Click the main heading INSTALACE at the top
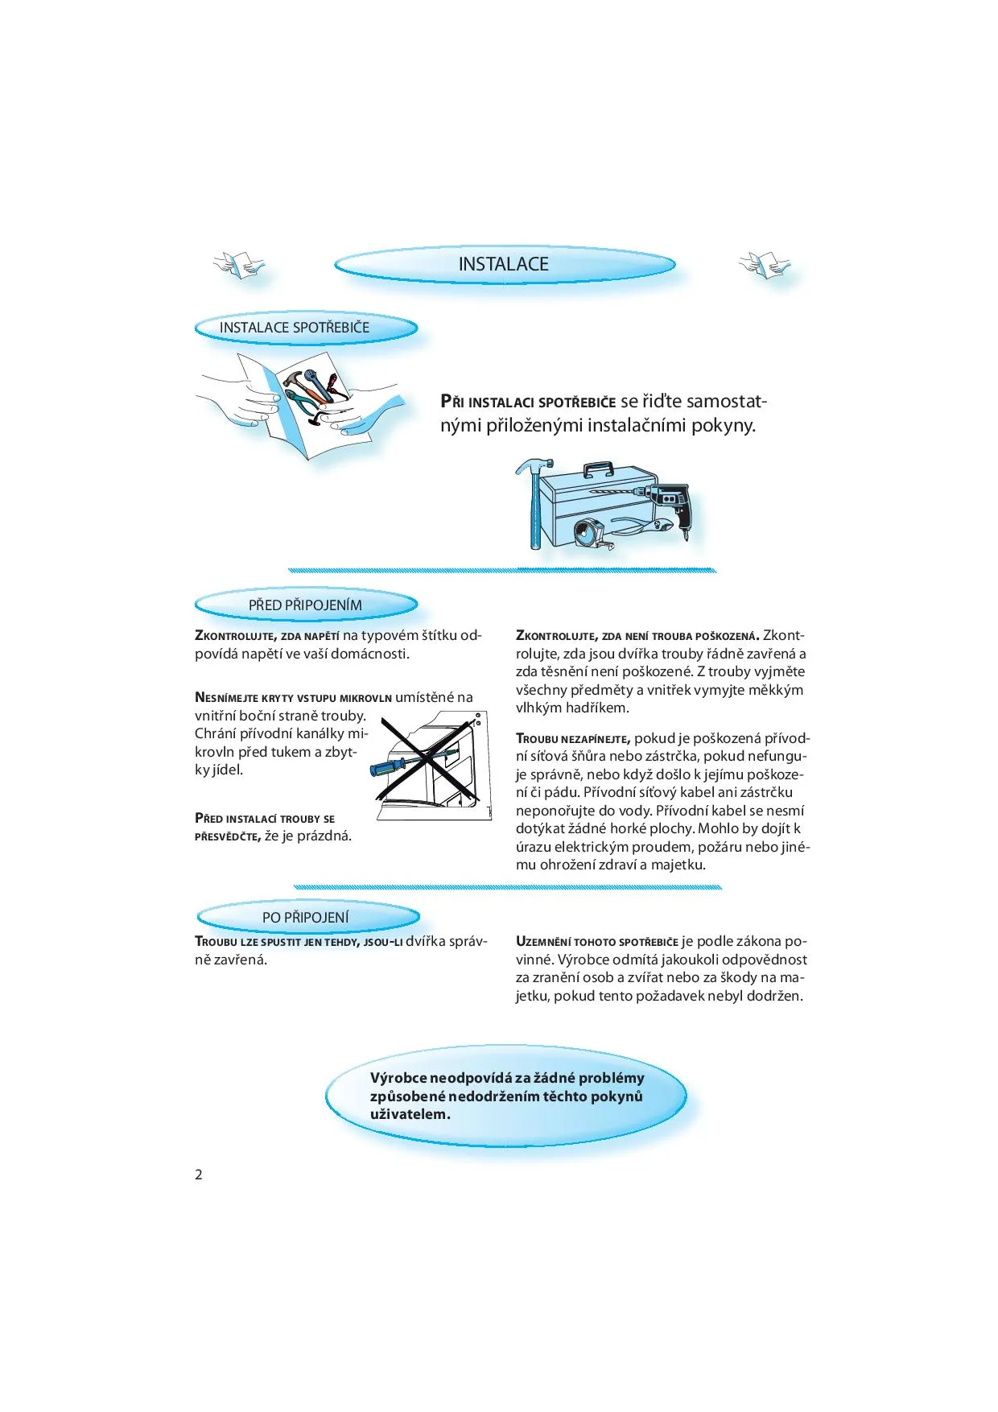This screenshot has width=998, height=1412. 503,264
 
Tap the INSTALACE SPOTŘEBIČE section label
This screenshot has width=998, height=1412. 295,328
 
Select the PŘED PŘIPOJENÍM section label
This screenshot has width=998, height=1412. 305,605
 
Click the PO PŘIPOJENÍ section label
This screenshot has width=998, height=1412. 306,917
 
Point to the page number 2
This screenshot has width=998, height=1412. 199,1174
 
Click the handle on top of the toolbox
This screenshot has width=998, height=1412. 598,469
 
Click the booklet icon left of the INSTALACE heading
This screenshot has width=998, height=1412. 238,264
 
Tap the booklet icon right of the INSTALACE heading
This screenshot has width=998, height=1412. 764,264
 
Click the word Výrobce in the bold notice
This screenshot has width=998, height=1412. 398,1078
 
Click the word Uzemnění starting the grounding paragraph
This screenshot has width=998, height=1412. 543,942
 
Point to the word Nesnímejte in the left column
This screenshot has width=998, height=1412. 227,698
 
